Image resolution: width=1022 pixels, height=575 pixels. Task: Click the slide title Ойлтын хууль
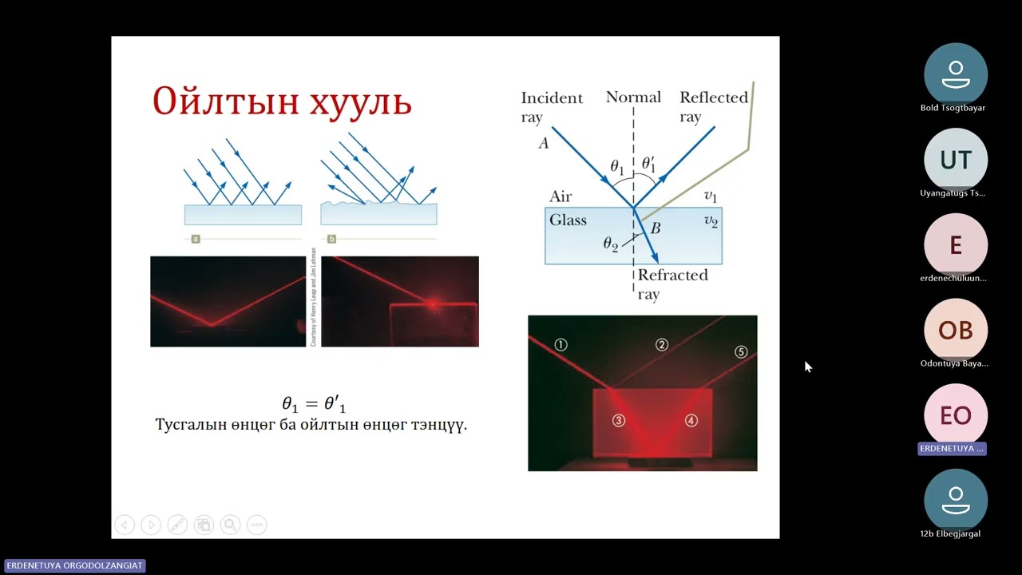click(x=282, y=101)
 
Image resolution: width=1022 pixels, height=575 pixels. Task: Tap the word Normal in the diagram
click(x=633, y=97)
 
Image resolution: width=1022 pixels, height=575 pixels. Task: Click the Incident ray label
click(x=552, y=107)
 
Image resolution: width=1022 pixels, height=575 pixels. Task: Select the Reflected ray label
click(x=713, y=107)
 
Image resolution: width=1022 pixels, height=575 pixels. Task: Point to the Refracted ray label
click(x=671, y=284)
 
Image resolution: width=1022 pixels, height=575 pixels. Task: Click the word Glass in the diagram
click(x=568, y=220)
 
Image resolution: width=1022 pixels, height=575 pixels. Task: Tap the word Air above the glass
click(x=561, y=197)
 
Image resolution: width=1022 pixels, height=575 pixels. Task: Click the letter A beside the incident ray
click(x=544, y=143)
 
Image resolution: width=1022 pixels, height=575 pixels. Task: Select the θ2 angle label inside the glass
click(x=611, y=244)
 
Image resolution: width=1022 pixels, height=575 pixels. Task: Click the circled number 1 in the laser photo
click(x=561, y=345)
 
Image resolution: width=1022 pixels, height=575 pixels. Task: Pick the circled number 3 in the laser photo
click(x=619, y=420)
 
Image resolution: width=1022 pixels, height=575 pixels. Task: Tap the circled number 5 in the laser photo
click(x=740, y=352)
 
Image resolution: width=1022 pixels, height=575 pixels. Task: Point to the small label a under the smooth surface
click(x=196, y=239)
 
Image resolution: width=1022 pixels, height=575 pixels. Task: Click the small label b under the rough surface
click(x=331, y=239)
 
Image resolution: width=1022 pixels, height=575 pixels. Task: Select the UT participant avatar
click(x=955, y=160)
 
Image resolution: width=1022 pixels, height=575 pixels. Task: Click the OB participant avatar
click(x=955, y=330)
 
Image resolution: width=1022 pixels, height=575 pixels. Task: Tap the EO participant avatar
click(x=955, y=415)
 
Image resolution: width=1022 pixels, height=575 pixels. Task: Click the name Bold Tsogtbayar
click(x=953, y=108)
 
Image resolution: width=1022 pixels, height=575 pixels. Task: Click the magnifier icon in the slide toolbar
click(x=230, y=525)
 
